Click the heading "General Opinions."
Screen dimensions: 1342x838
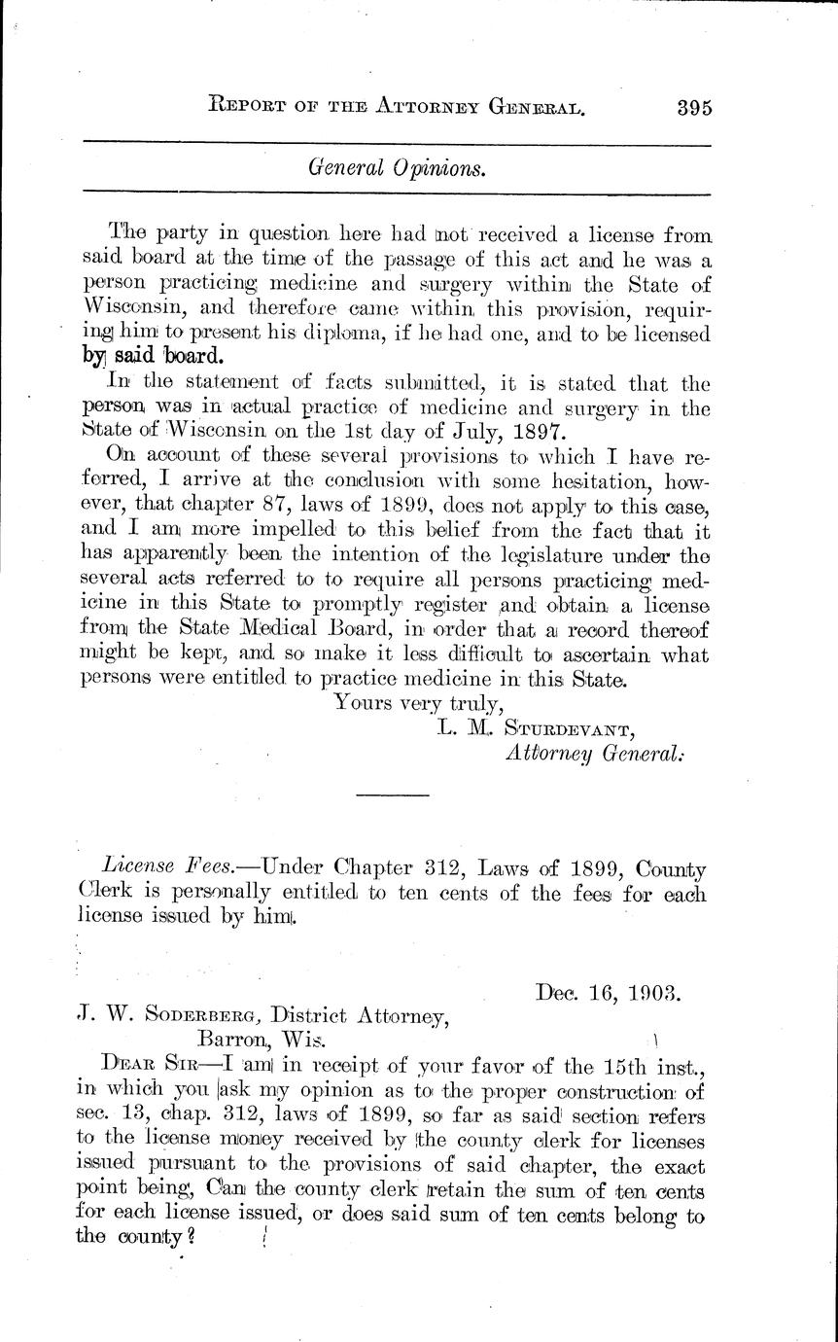point(397,167)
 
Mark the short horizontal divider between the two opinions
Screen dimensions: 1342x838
point(393,796)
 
